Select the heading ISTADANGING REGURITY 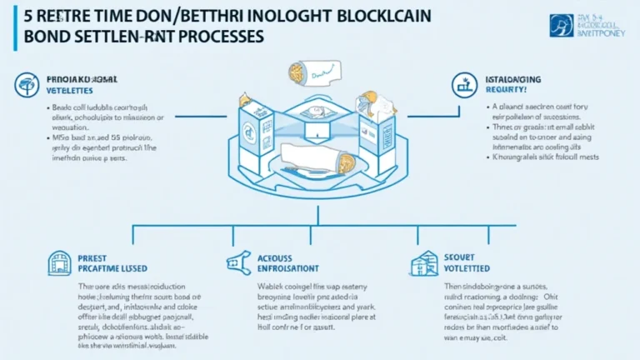pos(513,84)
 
